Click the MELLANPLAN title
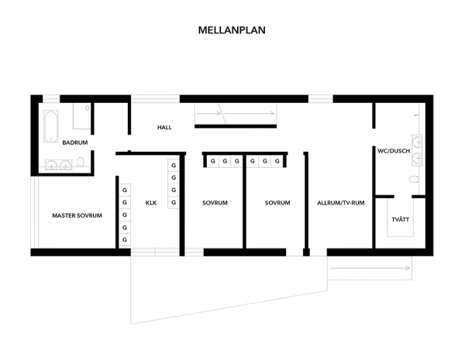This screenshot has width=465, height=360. click(x=232, y=30)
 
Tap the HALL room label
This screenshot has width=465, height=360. click(x=164, y=128)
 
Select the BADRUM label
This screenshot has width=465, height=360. click(x=75, y=142)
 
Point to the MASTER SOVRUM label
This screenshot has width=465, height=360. click(x=77, y=215)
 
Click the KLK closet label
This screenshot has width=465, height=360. click(x=151, y=203)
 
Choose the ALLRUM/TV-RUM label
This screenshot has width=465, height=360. click(x=341, y=203)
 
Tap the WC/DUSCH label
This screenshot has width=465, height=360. click(x=394, y=151)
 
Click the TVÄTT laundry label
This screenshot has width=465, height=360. click(x=401, y=220)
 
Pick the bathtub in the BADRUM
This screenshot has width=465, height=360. click(x=51, y=126)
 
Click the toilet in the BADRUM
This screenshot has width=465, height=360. click(x=81, y=162)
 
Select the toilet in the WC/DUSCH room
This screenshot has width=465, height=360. click(x=414, y=179)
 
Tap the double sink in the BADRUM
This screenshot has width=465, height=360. click(x=58, y=165)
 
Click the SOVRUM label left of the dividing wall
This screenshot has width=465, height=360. click(x=215, y=203)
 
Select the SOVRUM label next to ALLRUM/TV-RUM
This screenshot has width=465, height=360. click(x=277, y=203)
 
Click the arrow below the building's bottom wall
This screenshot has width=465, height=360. click(x=370, y=269)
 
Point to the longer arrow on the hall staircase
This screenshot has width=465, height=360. click(x=249, y=114)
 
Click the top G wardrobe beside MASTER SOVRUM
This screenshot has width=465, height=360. click(x=125, y=190)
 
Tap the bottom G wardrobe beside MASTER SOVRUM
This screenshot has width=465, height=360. click(x=125, y=240)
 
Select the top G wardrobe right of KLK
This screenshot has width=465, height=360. click(x=174, y=166)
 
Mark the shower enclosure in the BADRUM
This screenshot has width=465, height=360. click(x=82, y=116)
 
